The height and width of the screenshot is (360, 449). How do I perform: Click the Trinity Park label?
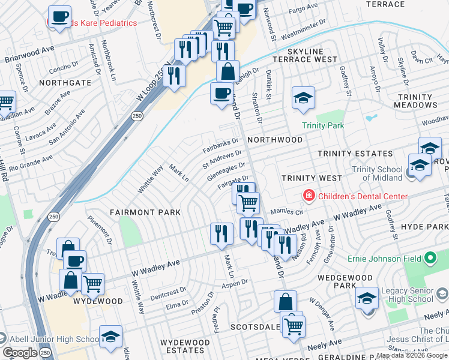click(323, 125)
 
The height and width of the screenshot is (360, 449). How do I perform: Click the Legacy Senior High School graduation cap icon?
click(366, 297)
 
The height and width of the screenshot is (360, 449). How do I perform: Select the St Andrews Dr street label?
click(221, 158)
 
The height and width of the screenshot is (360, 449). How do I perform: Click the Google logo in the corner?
click(20, 353)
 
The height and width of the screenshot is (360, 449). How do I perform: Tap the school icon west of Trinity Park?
click(303, 97)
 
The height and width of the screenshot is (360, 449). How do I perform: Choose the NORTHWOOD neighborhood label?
click(274, 139)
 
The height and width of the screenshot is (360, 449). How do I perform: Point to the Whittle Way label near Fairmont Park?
click(149, 179)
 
